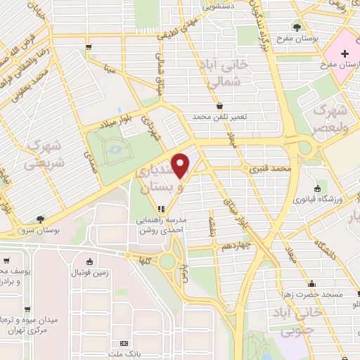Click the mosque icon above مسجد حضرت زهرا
(x=311, y=284)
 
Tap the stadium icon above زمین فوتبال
(x=89, y=261)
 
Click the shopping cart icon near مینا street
(x=89, y=48)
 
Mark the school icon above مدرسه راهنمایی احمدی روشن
(x=161, y=209)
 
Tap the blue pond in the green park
(x=112, y=148)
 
